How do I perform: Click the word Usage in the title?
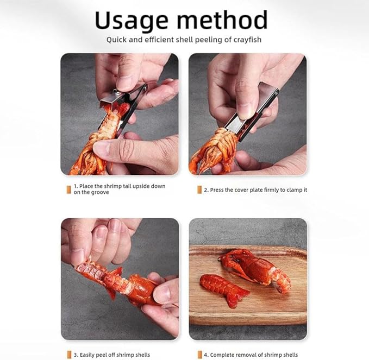click(131, 20)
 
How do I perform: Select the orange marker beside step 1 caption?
click(68, 189)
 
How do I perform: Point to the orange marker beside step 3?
click(68, 355)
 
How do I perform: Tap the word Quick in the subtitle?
click(116, 40)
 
